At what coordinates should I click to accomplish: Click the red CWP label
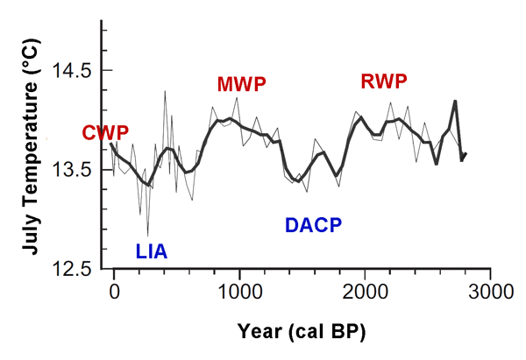coord(105,133)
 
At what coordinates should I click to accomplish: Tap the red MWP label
coord(241,84)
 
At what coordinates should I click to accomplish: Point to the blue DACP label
coord(313,225)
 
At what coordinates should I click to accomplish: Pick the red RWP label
coord(385,82)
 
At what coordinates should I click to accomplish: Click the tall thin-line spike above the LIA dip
coord(165,90)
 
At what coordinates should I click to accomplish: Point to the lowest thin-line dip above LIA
coord(147,235)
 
